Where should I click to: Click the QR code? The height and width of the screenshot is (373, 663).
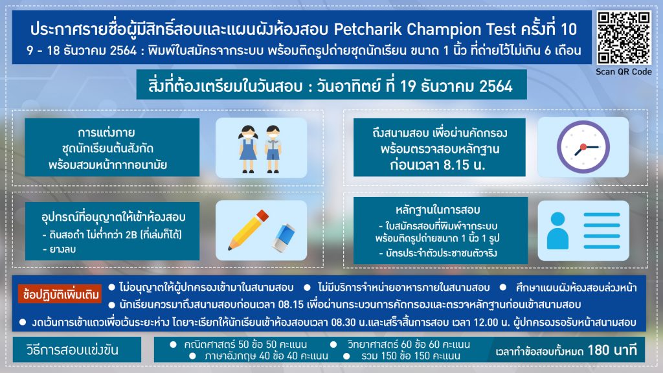point(624,38)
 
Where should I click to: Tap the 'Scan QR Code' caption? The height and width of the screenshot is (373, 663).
point(624,72)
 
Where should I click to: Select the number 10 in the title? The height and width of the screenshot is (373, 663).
point(568,29)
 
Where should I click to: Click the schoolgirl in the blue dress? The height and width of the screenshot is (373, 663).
point(248,148)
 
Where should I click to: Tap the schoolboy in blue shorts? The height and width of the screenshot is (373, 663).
point(273,148)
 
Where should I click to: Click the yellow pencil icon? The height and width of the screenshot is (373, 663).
point(248,230)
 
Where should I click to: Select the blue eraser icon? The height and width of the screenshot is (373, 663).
point(284,238)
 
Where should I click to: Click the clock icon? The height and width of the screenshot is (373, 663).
point(583,147)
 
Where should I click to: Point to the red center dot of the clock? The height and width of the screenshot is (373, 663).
point(583,147)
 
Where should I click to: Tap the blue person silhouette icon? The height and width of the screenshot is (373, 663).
point(557,231)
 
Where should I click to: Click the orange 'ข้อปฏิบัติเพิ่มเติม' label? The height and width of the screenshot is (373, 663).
point(60,294)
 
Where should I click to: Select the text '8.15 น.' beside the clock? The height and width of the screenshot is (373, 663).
point(461,164)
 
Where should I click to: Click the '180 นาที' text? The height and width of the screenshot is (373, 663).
point(612,350)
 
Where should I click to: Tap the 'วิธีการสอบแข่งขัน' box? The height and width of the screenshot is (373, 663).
point(77,350)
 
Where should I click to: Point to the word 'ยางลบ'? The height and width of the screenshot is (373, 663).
point(63,249)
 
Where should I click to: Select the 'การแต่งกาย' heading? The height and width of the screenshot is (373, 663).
point(106,133)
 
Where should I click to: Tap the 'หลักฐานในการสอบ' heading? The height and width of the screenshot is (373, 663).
point(438,210)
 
